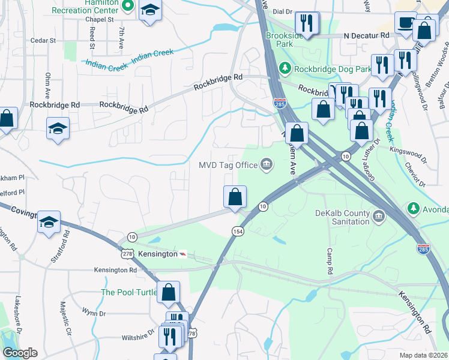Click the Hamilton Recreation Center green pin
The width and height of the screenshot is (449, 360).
(127, 6)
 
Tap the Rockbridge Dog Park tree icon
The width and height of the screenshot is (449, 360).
(286, 68)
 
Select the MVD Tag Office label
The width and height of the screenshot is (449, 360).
(229, 164)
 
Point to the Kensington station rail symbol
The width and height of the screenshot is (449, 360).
(183, 254)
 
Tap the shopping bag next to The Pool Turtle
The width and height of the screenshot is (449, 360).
(169, 293)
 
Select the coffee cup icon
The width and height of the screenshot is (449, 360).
(406, 23)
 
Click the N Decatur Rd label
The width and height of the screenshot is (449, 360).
(366, 35)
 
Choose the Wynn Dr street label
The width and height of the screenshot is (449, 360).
(94, 313)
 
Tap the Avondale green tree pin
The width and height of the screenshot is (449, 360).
(414, 209)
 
